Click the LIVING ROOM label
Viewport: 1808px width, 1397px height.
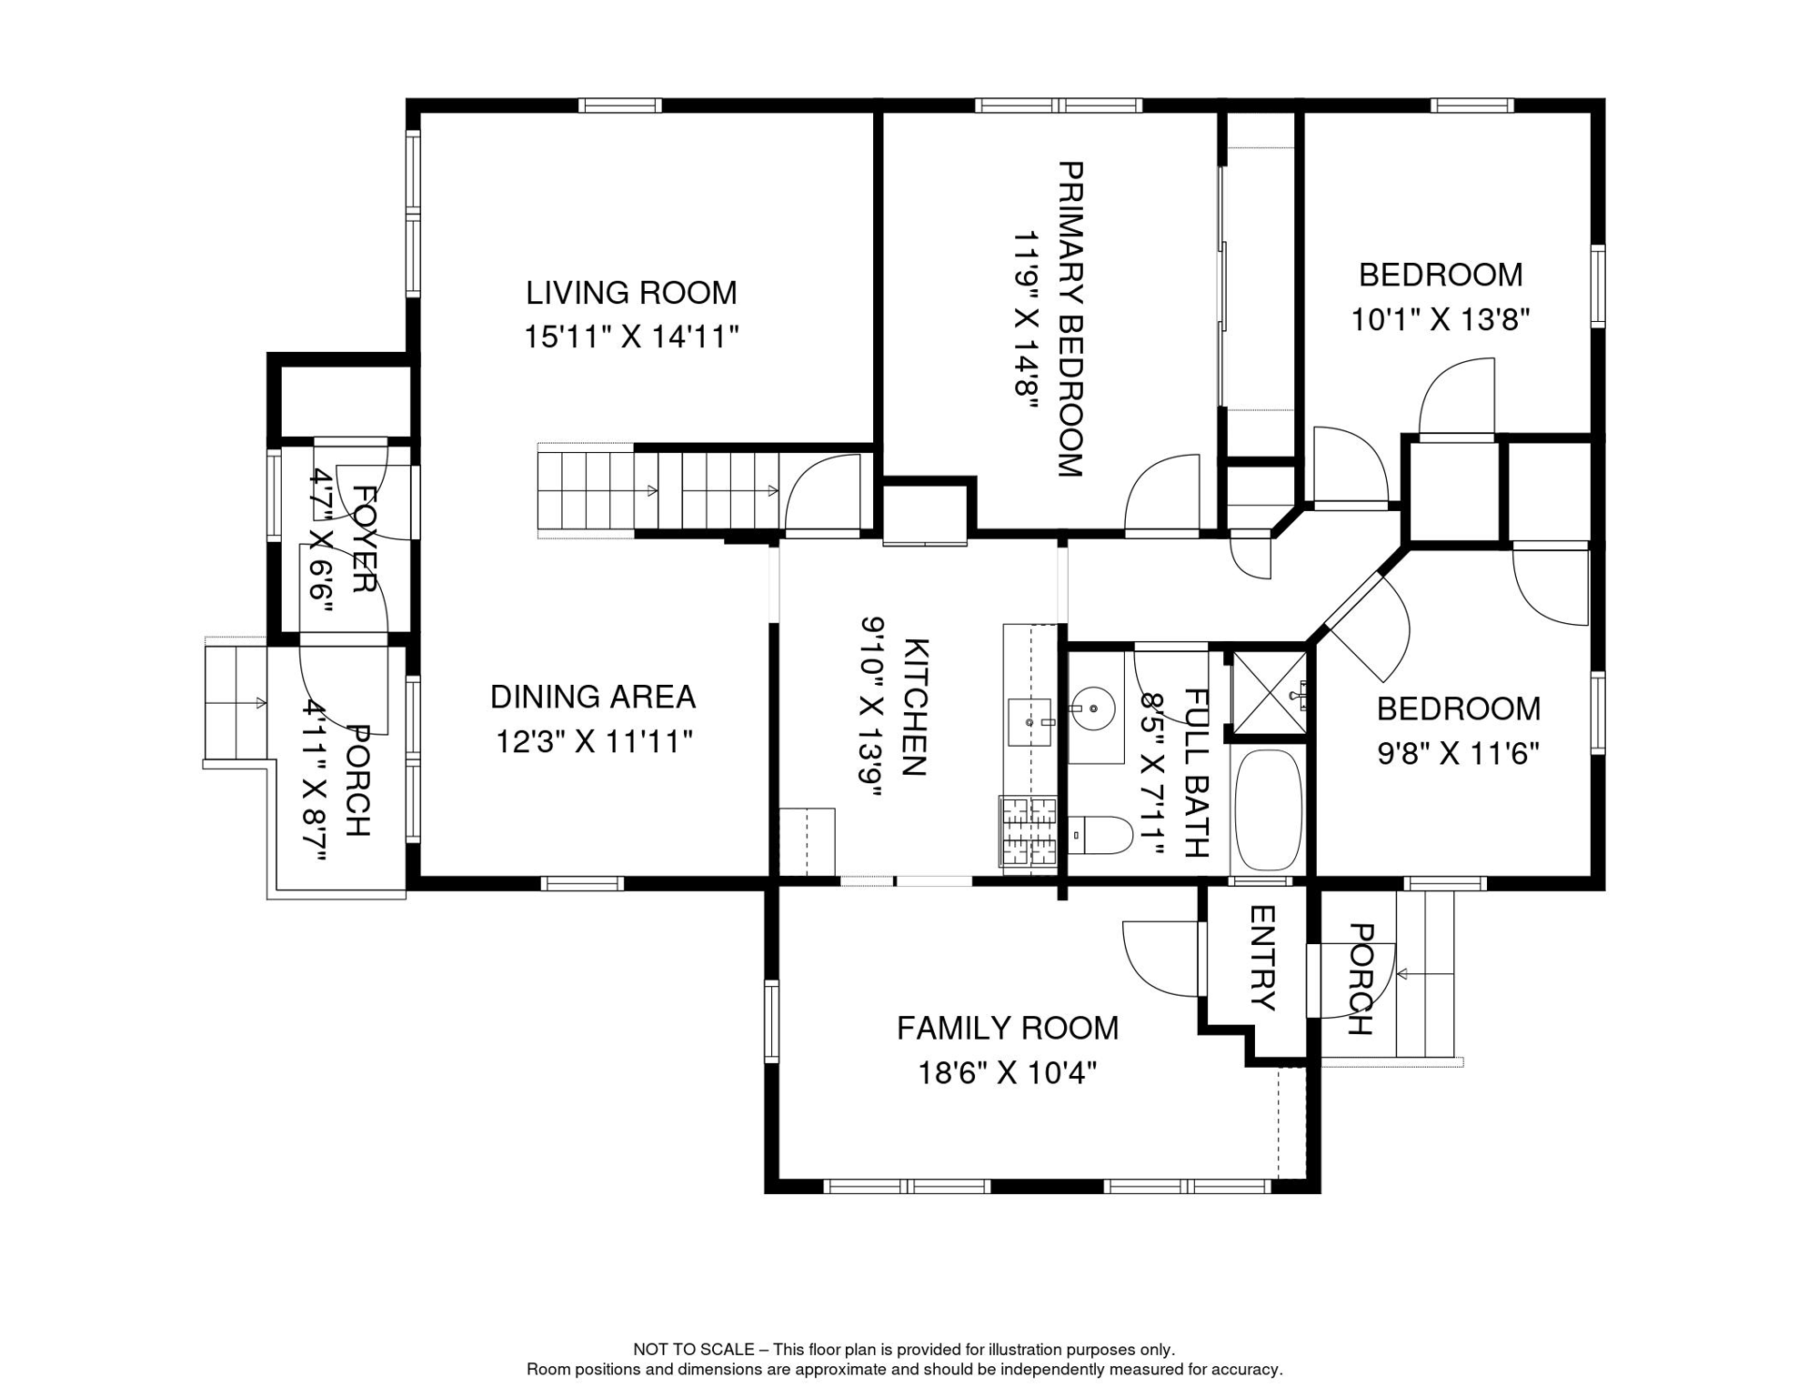[631, 293]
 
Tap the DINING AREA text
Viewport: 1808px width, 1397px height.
[593, 697]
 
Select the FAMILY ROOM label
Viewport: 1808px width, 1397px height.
[1008, 1028]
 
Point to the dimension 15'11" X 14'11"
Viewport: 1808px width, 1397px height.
[631, 337]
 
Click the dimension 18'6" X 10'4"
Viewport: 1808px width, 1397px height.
[1008, 1073]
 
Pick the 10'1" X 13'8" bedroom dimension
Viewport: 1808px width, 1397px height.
[1441, 319]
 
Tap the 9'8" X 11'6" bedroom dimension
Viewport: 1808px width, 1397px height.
[1459, 753]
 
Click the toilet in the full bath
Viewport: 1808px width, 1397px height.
[1100, 835]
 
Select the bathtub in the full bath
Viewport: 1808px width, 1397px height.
[1269, 809]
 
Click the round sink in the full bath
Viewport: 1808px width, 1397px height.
[1092, 708]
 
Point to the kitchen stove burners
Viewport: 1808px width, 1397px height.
[1029, 830]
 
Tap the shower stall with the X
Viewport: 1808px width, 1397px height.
[1269, 693]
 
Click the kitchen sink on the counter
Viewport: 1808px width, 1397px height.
[1030, 722]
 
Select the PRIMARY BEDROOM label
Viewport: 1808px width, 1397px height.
[1070, 319]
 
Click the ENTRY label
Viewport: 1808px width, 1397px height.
[1262, 958]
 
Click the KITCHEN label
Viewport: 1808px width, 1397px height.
[915, 708]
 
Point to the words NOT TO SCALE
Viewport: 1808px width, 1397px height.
[694, 1350]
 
